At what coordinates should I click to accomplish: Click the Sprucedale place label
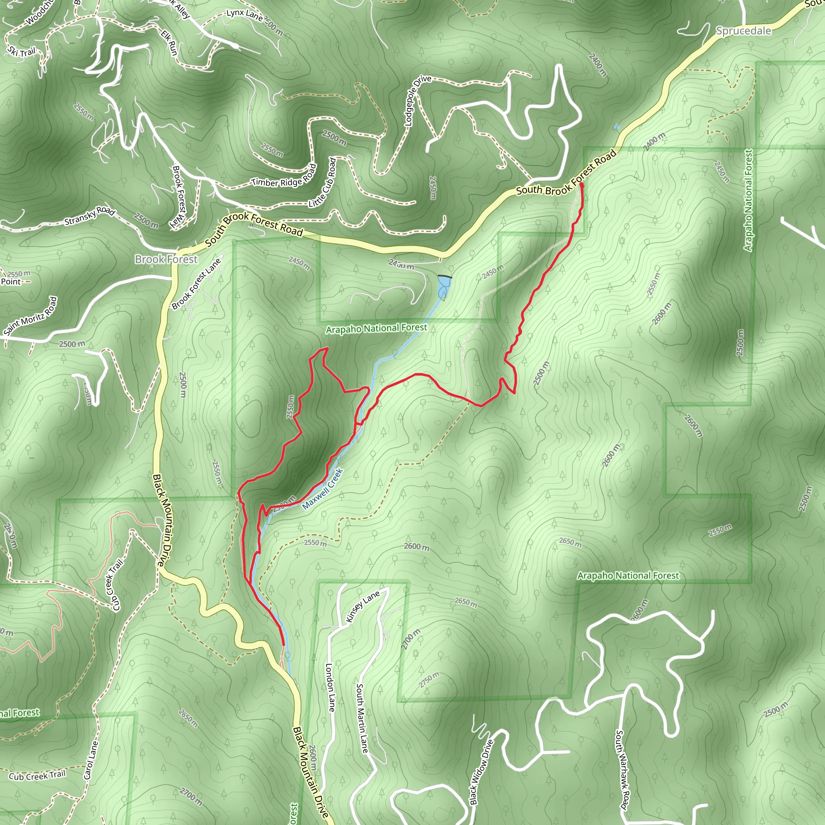744,31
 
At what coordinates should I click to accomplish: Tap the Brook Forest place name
166,259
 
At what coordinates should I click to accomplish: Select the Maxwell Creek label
322,489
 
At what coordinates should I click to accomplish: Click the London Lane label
330,688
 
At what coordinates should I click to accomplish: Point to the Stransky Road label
90,216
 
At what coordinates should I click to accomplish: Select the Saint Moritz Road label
30,316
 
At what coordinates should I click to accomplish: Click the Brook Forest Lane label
197,284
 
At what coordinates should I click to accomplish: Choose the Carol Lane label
91,760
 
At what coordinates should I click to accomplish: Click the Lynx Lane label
244,15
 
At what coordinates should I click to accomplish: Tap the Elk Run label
170,42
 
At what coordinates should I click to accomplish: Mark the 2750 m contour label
429,680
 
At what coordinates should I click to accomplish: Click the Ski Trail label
22,52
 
